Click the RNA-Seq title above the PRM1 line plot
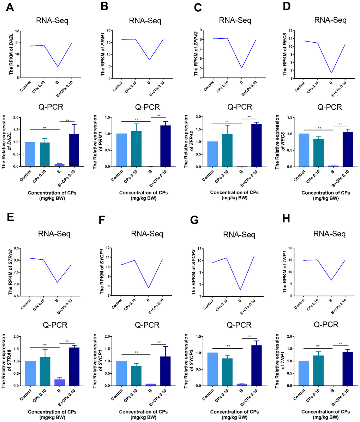click(x=148, y=21)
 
